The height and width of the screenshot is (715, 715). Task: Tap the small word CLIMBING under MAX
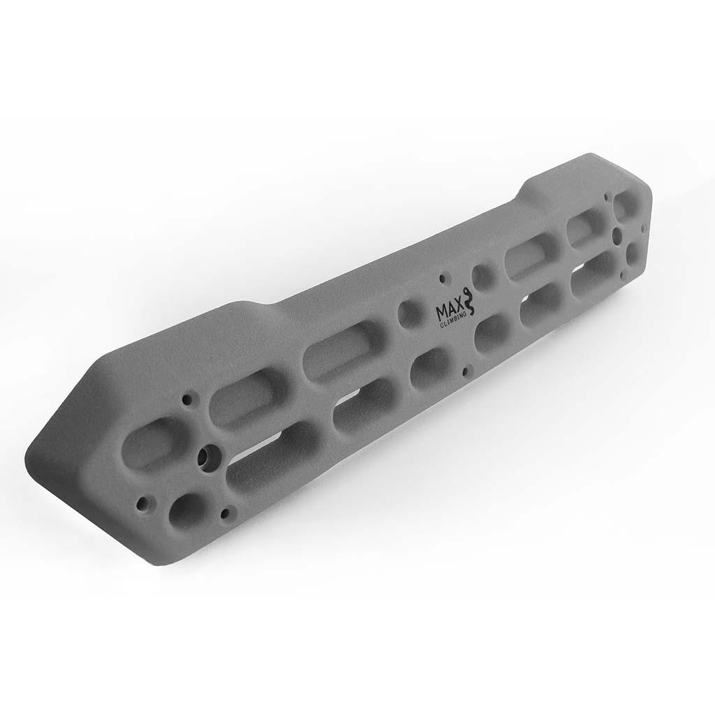(452, 320)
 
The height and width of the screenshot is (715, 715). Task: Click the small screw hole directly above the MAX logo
(442, 278)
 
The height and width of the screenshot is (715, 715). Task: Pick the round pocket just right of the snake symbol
(485, 276)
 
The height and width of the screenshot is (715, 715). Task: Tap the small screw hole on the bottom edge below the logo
(465, 371)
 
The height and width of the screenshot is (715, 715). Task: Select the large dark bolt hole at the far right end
(617, 235)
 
